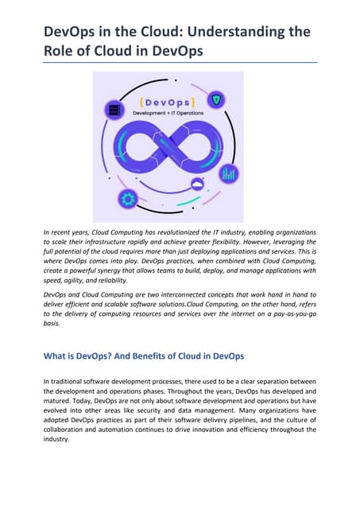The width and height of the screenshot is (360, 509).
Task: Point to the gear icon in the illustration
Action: click(x=126, y=198)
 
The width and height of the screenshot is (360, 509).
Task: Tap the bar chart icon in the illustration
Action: click(x=229, y=173)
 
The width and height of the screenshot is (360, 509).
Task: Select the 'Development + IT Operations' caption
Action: click(x=165, y=113)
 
